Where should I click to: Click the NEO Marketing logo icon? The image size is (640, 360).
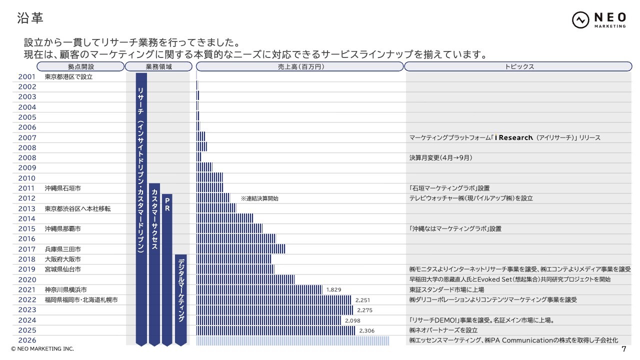pos(580,20)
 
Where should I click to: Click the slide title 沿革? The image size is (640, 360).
pos(30,17)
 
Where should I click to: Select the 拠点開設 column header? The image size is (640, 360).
pos(80,66)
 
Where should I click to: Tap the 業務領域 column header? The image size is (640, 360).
pos(158,66)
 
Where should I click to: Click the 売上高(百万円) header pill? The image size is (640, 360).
pos(299,66)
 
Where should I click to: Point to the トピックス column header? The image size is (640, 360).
pos(518,66)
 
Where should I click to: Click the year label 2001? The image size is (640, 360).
pos(27,77)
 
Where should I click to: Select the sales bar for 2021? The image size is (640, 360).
pos(259,289)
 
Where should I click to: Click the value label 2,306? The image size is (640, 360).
pos(367,330)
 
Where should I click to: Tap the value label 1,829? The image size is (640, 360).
pos(333,289)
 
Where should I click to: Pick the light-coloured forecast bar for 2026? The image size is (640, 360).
pos(292,340)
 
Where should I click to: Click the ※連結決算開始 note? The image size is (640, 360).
pos(259,198)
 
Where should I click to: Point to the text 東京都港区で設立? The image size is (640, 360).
pos(68,77)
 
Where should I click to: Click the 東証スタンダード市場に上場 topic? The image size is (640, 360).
pos(446,289)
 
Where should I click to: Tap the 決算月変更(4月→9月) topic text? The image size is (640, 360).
pos(440,157)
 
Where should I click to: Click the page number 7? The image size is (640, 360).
pos(623,349)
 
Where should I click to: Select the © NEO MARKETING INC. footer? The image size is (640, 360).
pos(42,349)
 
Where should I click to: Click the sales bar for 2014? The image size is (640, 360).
pos(224,218)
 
